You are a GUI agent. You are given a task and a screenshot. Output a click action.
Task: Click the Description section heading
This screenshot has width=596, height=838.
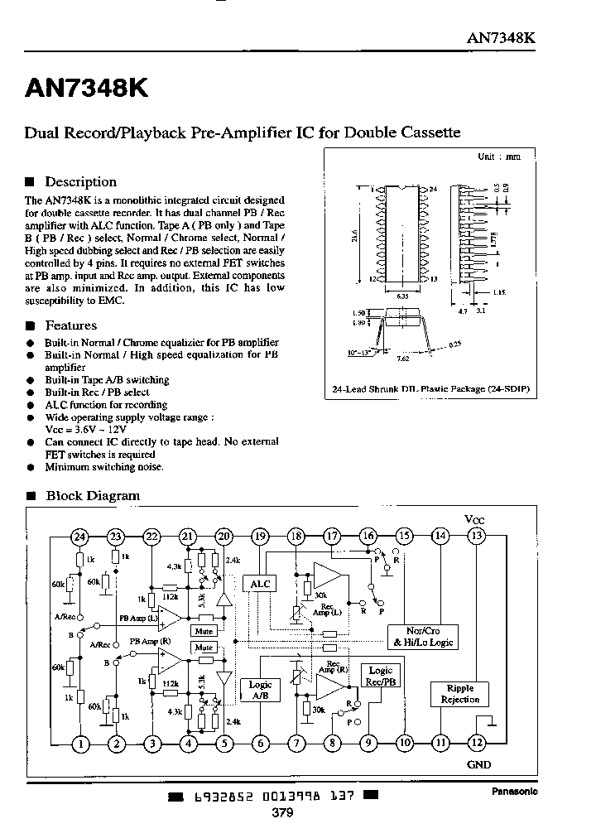click(x=80, y=182)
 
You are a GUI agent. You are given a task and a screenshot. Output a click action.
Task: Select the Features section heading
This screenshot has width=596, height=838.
click(x=70, y=325)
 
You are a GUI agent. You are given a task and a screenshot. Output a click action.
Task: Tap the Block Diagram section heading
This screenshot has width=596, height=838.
click(x=92, y=496)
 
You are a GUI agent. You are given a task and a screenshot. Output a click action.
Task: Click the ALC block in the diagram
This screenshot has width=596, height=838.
click(x=261, y=583)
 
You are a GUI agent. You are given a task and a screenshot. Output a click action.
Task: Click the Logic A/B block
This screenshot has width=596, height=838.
click(x=260, y=690)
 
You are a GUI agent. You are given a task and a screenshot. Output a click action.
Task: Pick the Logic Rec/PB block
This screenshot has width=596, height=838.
click(x=381, y=676)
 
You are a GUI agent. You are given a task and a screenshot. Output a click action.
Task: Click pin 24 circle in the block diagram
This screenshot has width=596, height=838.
click(x=79, y=537)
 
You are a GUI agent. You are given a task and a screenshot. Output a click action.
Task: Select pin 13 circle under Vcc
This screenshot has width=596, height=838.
click(x=476, y=536)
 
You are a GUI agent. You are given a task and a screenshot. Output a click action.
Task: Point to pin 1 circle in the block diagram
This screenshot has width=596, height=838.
click(x=80, y=743)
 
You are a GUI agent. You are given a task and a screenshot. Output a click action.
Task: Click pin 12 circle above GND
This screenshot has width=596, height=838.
click(x=477, y=743)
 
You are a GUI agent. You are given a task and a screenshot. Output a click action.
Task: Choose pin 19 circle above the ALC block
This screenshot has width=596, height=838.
click(x=261, y=537)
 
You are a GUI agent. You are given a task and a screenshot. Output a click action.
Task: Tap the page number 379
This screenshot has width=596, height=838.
click(x=282, y=812)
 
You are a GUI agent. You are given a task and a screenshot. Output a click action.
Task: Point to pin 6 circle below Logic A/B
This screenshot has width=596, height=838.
click(x=261, y=743)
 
